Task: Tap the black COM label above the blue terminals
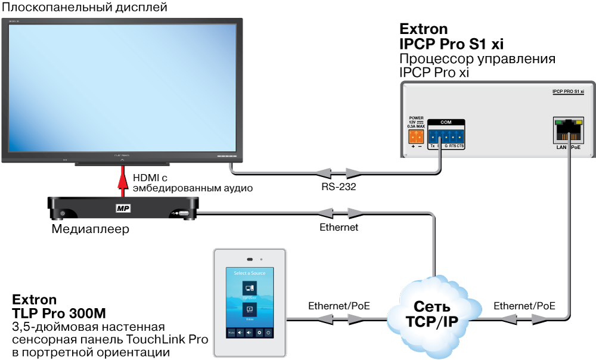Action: click(446, 122)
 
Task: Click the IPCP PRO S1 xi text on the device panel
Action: click(567, 92)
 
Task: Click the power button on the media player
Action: click(63, 213)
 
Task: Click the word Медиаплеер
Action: click(90, 229)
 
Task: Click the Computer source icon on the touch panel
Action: click(249, 288)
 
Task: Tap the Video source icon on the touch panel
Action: click(249, 309)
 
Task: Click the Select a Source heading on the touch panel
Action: click(249, 273)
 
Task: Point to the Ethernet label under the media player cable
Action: click(339, 227)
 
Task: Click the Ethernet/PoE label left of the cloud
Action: click(339, 306)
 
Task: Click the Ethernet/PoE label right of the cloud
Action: click(524, 306)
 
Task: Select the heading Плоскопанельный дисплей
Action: click(83, 8)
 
